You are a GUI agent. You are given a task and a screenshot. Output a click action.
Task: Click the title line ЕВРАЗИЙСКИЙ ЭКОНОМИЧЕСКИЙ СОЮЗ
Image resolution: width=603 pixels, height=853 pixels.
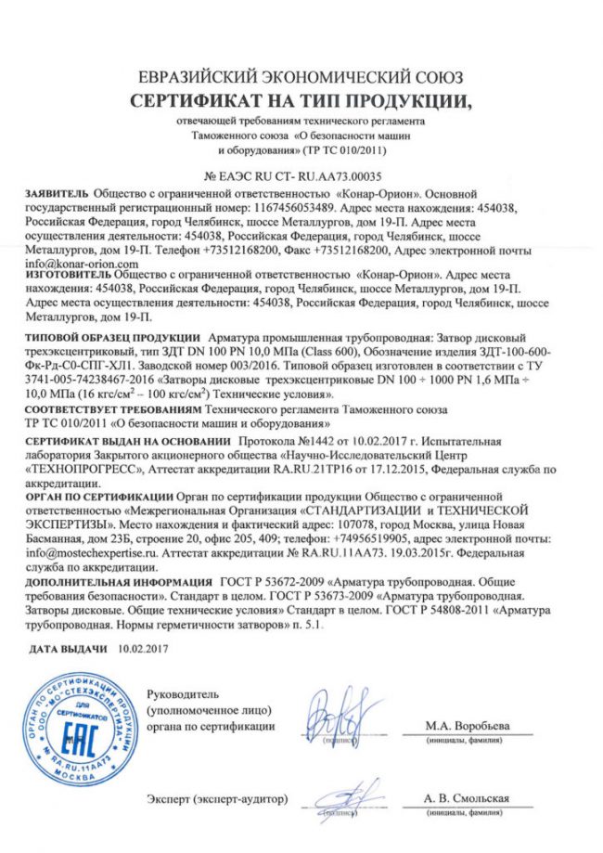[301, 77]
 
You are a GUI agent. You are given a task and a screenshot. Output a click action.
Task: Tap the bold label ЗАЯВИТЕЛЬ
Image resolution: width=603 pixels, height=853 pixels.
[61, 193]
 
